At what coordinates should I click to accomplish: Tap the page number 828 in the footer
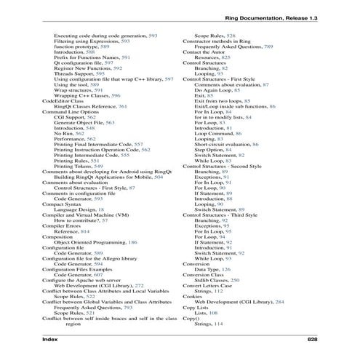coord(312,340)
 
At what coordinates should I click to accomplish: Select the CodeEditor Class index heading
coord(68,100)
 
